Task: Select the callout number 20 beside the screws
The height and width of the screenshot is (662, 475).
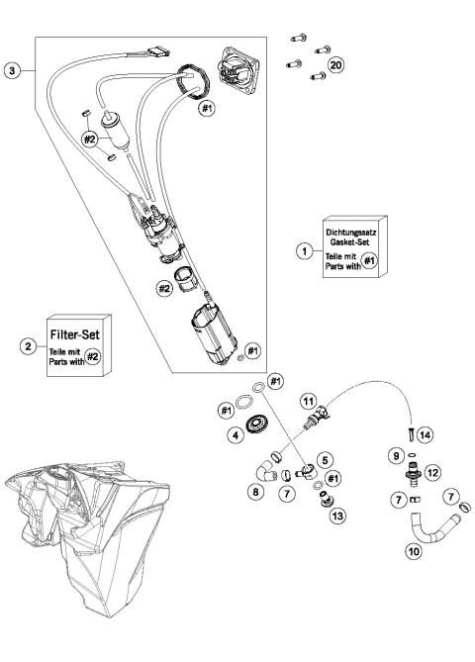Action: coord(335,64)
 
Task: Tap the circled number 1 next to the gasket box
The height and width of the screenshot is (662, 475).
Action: coord(305,251)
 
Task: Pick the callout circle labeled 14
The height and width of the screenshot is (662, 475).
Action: coord(425,435)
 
